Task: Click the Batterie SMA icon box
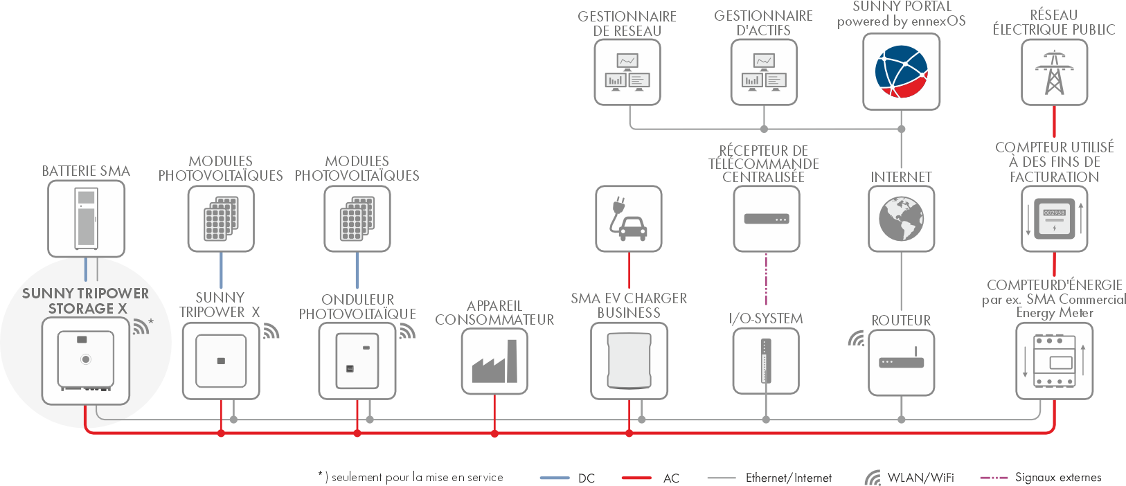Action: click(86, 219)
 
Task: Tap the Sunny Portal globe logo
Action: click(901, 71)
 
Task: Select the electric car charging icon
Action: click(628, 219)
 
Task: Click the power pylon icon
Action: click(1054, 72)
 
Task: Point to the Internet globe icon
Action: click(901, 219)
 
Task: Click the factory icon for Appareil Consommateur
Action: click(494, 361)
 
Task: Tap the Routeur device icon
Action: click(901, 362)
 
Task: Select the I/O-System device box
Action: click(765, 361)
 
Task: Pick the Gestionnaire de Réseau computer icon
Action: click(627, 72)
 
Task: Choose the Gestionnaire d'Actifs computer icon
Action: click(764, 72)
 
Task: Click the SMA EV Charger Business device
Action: click(629, 361)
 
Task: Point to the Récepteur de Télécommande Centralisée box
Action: click(766, 219)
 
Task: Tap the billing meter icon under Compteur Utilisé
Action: click(1054, 219)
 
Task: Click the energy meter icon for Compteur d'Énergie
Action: click(1054, 361)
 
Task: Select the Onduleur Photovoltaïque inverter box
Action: click(357, 361)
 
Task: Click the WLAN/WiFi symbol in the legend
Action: click(873, 478)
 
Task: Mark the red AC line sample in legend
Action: click(636, 478)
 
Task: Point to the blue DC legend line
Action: click(555, 478)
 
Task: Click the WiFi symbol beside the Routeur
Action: click(857, 339)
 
